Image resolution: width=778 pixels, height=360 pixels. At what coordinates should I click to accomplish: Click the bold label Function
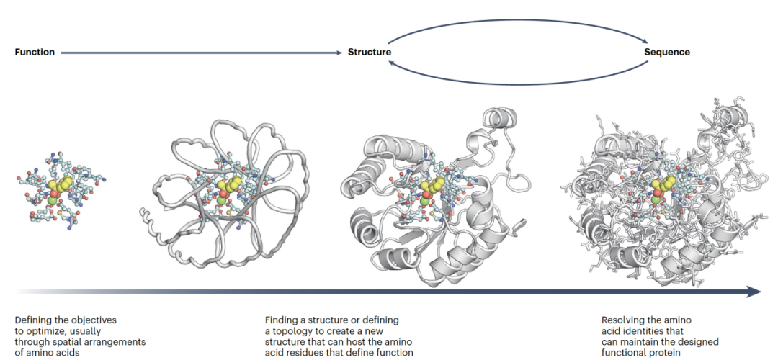click(35, 53)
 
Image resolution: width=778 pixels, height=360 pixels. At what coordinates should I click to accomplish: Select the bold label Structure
click(370, 53)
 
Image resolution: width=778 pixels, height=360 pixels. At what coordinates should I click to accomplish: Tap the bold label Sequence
click(666, 53)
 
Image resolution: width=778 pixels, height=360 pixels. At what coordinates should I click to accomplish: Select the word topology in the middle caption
click(301, 330)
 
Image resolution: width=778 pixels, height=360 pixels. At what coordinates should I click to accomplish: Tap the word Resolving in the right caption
click(624, 319)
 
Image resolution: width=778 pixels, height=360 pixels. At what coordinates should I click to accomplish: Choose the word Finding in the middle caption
click(282, 319)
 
